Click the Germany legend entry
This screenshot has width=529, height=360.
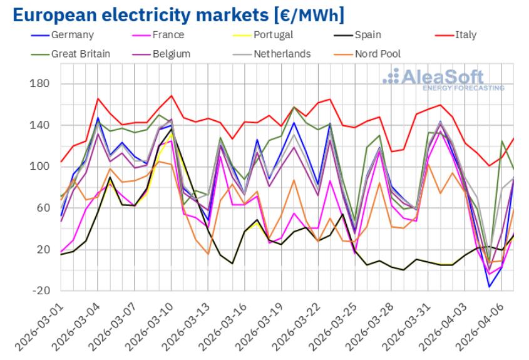[71, 35]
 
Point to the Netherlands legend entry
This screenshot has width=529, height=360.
[282, 54]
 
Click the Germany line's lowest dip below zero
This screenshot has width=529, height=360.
[490, 287]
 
